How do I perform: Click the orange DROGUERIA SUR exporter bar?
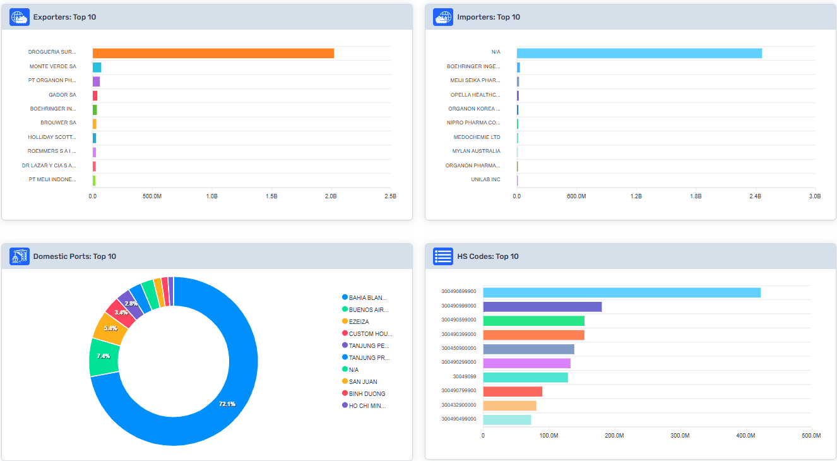(x=213, y=53)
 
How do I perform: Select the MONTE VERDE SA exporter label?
(x=53, y=66)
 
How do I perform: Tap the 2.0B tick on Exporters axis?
(x=331, y=196)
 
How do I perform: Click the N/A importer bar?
(x=639, y=53)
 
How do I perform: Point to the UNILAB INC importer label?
(x=485, y=180)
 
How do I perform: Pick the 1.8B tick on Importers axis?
(x=696, y=196)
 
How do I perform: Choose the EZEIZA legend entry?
(x=359, y=321)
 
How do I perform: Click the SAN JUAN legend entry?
(x=362, y=381)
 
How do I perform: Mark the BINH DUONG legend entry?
(x=366, y=393)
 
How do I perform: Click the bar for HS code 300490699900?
(x=622, y=292)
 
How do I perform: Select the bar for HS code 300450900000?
(x=528, y=349)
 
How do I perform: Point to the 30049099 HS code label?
(x=465, y=377)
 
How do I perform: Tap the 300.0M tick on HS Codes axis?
(x=680, y=436)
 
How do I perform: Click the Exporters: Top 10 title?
(x=64, y=17)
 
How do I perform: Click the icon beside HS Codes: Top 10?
(x=443, y=256)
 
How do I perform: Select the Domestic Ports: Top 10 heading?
(x=74, y=256)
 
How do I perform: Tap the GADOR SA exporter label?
(x=62, y=95)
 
